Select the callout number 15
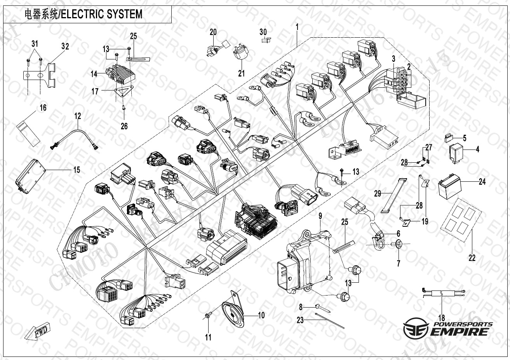pos(76,170)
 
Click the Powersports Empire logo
pos(447,328)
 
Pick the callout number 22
pos(472,257)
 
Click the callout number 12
pos(78,115)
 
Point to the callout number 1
pos(297,27)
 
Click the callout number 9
pos(320,216)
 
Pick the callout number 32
pos(65,47)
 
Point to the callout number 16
pos(43,108)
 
